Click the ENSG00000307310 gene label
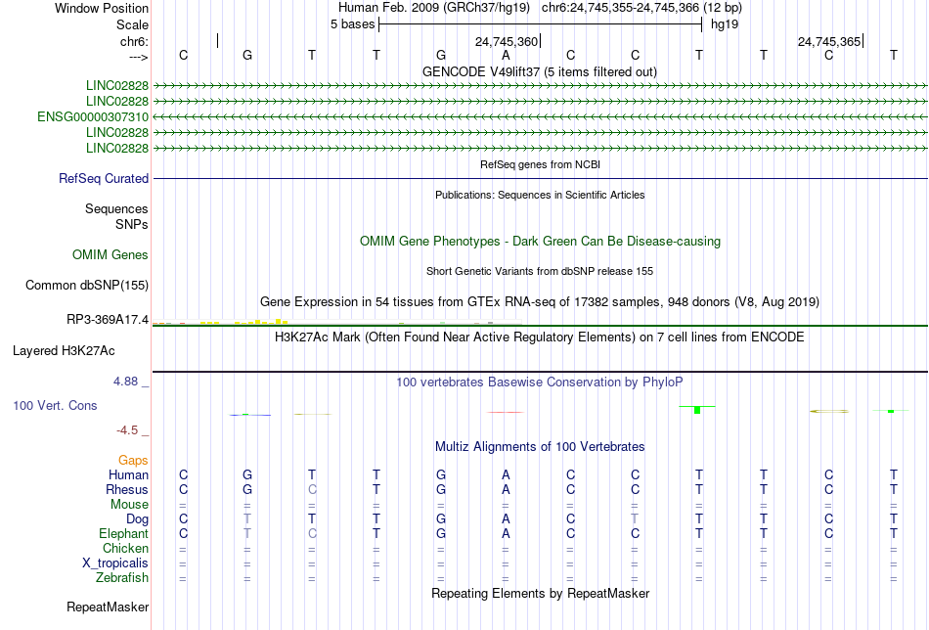[93, 116]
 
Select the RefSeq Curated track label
[104, 178]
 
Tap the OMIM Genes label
[111, 255]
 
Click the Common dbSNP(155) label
[87, 285]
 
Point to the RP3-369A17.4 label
[108, 320]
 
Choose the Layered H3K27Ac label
[64, 351]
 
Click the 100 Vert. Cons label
[55, 405]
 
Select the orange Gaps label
[133, 460]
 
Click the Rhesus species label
[127, 489]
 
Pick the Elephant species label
[124, 533]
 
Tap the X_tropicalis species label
[115, 563]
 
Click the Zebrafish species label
[122, 577]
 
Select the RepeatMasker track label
[108, 607]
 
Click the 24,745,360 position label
[507, 41]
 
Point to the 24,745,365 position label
[829, 41]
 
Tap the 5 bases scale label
[352, 24]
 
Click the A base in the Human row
[506, 474]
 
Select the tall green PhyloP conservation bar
[697, 410]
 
